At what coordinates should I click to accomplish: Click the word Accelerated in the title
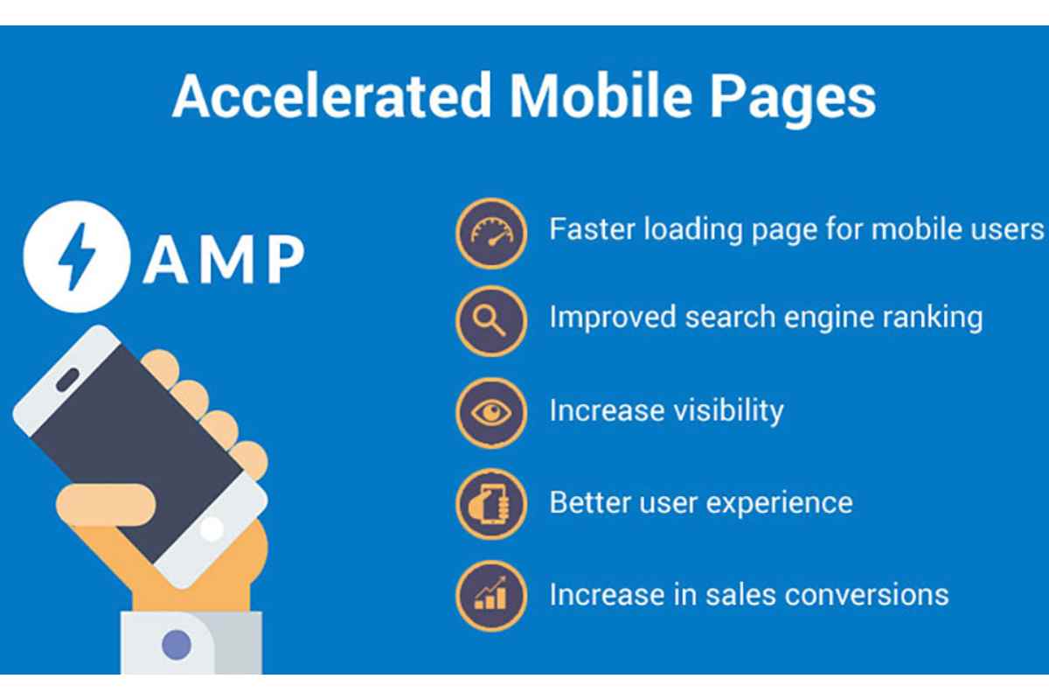point(331,96)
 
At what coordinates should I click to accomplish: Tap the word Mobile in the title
point(601,96)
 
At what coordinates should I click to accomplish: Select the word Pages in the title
point(793,100)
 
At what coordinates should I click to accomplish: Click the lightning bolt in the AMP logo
point(77,256)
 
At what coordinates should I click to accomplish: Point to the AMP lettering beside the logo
point(225,259)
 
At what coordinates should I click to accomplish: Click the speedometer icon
point(491,233)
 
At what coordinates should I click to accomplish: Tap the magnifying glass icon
point(491,321)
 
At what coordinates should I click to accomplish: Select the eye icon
point(491,413)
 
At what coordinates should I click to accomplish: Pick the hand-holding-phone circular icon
point(491,504)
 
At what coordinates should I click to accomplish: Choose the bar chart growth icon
point(491,596)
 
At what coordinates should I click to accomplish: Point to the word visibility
point(728,410)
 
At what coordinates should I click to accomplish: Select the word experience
point(779,503)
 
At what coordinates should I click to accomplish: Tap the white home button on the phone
point(212,528)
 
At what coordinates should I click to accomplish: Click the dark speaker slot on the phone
point(68,379)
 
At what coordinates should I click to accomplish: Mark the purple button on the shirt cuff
point(177,645)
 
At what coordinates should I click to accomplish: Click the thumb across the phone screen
point(106,505)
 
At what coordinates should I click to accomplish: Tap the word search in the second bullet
point(730,318)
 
